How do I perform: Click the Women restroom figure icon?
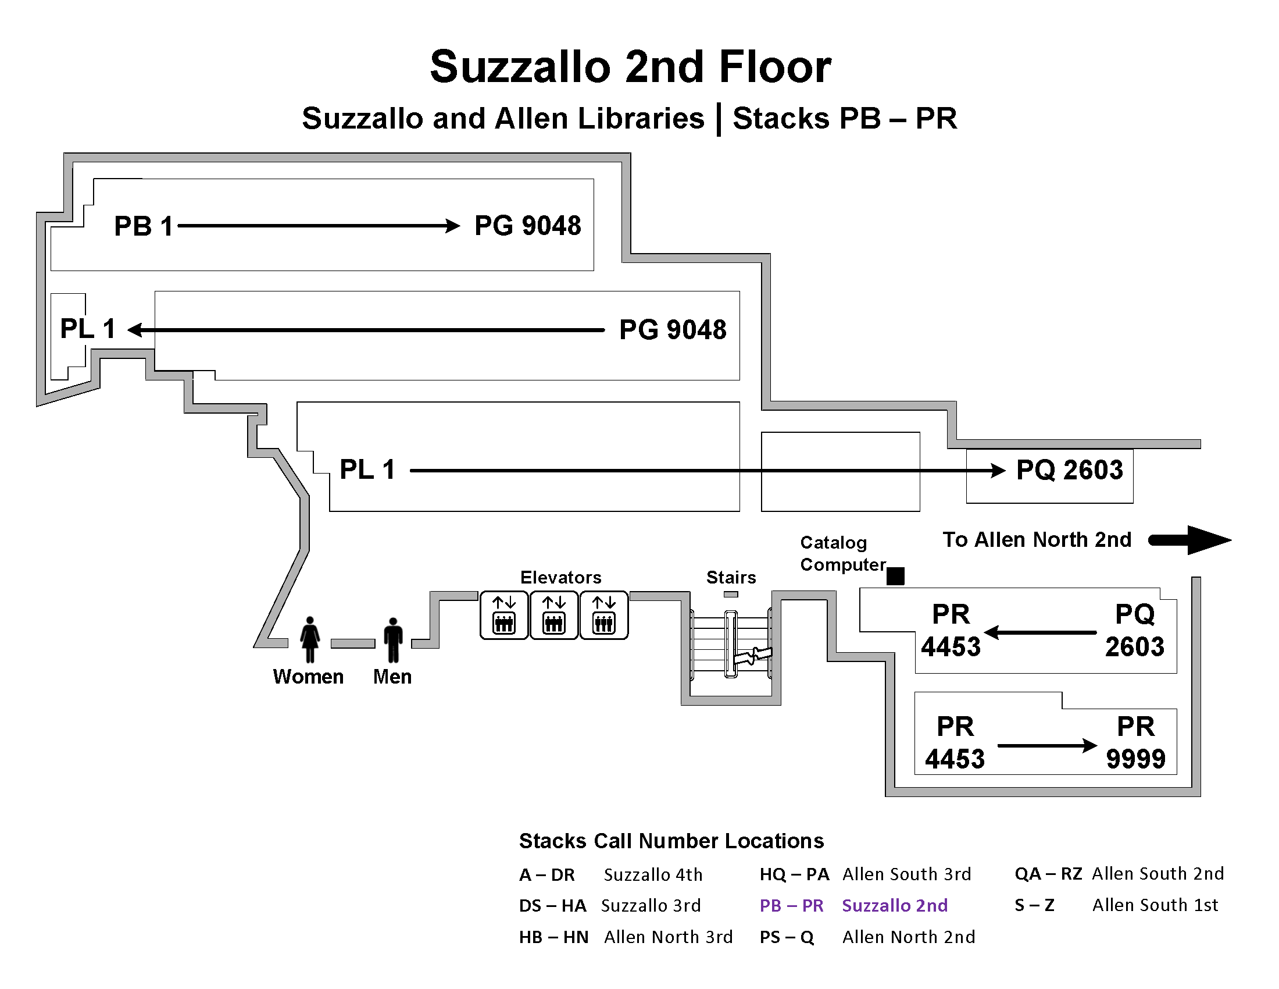pyautogui.click(x=310, y=639)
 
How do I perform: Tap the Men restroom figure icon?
pyautogui.click(x=393, y=640)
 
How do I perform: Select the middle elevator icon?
pyautogui.click(x=553, y=615)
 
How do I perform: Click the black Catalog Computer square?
pyautogui.click(x=895, y=576)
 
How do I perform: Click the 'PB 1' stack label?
pyautogui.click(x=144, y=226)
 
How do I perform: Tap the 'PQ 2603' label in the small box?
pyautogui.click(x=1069, y=470)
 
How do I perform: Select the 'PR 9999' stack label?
pyautogui.click(x=1135, y=742)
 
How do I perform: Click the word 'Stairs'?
pyautogui.click(x=731, y=578)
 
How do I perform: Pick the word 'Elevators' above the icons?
pyautogui.click(x=560, y=578)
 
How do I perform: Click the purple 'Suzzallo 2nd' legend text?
pyautogui.click(x=894, y=905)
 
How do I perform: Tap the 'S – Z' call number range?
pyautogui.click(x=1034, y=905)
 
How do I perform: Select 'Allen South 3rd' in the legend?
pyautogui.click(x=906, y=874)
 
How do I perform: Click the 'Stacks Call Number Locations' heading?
pyautogui.click(x=671, y=841)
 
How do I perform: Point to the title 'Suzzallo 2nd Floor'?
pyautogui.click(x=630, y=67)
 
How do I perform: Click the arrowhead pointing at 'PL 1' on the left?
pyautogui.click(x=135, y=330)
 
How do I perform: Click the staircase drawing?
pyautogui.click(x=731, y=645)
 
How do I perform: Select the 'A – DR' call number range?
pyautogui.click(x=546, y=875)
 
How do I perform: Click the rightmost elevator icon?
pyautogui.click(x=604, y=615)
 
